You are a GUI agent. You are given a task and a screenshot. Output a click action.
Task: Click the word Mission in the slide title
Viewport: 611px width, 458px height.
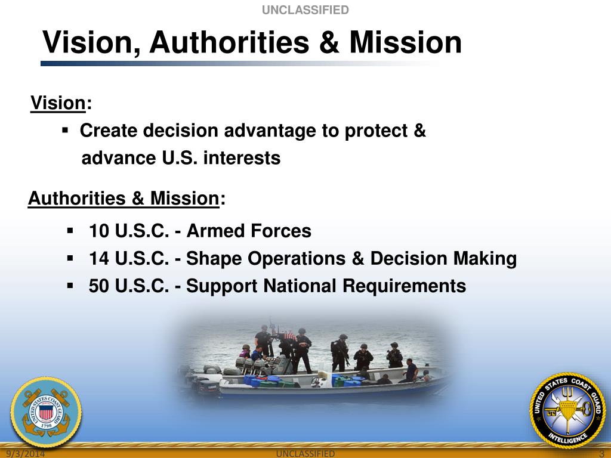[x=405, y=43]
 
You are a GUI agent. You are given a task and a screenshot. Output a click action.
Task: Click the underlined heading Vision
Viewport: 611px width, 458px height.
[x=58, y=103]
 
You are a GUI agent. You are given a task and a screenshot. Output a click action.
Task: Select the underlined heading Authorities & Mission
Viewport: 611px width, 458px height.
[x=124, y=198]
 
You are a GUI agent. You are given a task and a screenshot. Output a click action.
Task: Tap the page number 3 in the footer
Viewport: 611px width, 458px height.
[x=602, y=454]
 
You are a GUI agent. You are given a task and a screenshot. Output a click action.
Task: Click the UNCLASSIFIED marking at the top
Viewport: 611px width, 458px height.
[x=305, y=10]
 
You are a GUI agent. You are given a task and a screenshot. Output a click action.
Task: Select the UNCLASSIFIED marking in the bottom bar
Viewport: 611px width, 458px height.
[x=305, y=454]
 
